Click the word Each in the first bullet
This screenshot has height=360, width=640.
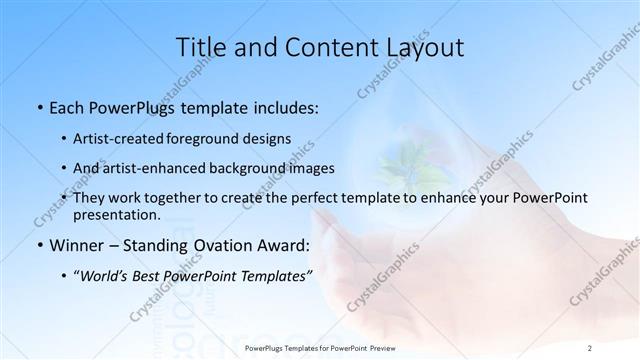(x=67, y=105)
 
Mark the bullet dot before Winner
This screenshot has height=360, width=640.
(x=38, y=246)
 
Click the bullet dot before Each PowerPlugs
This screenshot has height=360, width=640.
(x=38, y=106)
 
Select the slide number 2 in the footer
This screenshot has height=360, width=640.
(x=590, y=348)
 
